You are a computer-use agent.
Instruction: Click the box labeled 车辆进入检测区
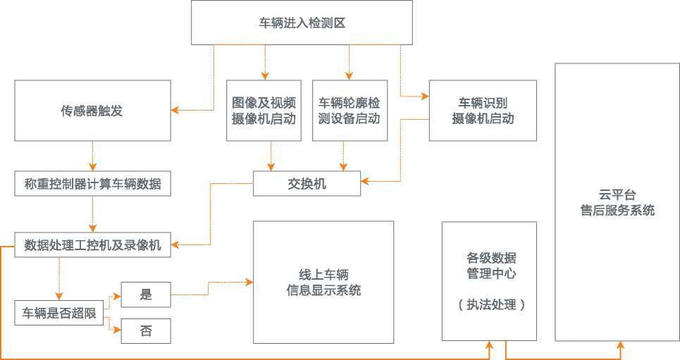tap(302, 23)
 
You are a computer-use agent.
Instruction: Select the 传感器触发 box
tap(92, 111)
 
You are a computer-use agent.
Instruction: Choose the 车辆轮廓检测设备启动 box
tap(349, 111)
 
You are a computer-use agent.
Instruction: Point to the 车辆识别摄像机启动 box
tap(483, 111)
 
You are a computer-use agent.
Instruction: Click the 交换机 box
tap(307, 184)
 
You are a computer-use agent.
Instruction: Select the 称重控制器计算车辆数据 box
tap(92, 185)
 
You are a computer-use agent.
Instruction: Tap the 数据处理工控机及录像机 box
tap(92, 244)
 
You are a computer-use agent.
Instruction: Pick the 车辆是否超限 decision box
tap(59, 313)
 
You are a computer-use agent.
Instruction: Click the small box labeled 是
tap(146, 294)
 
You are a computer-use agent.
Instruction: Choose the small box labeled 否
tap(146, 330)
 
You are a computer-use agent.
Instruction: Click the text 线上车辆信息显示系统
tap(323, 282)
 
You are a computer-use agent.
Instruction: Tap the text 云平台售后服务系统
tap(617, 202)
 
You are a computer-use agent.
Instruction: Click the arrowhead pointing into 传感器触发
tap(175, 110)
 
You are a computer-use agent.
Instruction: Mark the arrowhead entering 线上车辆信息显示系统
tap(249, 283)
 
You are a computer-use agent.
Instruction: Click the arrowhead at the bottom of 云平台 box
tap(621, 345)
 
